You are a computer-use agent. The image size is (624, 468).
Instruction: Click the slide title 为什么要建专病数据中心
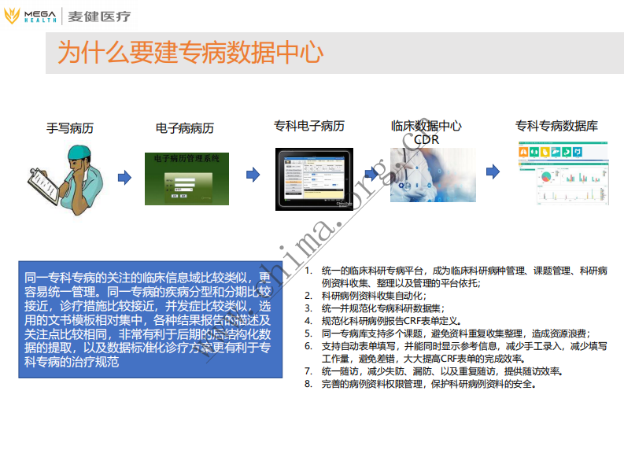point(190,53)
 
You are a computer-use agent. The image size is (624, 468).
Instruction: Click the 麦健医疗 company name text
point(99,17)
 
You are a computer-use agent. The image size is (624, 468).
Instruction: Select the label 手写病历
point(70,127)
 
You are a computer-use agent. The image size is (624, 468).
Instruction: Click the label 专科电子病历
point(309,126)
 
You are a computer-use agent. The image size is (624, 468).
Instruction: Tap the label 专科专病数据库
point(556,126)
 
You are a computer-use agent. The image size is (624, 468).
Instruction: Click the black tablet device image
point(314,179)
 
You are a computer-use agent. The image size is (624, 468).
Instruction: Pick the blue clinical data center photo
point(434,175)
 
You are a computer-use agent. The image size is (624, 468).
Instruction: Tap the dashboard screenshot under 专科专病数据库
point(562,174)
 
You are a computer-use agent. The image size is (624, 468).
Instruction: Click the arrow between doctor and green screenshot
point(124,177)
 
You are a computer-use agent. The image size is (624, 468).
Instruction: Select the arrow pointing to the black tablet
point(253,174)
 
